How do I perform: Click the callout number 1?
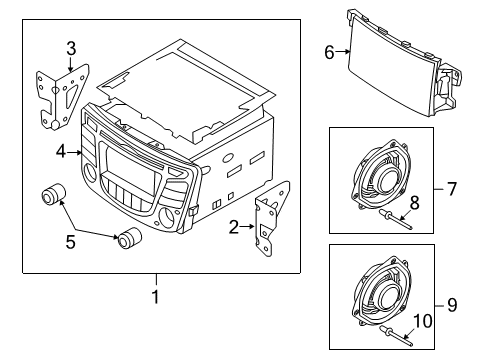(x=156, y=297)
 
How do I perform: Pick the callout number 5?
(x=69, y=240)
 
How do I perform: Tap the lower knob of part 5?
(x=129, y=240)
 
